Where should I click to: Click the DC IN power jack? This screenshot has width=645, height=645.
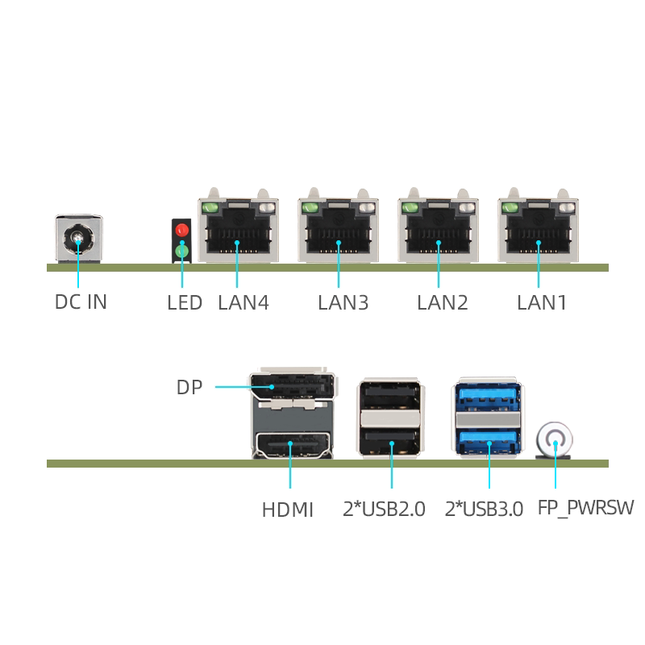point(78,239)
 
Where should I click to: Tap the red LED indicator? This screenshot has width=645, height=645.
point(182,230)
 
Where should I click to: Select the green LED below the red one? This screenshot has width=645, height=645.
point(182,251)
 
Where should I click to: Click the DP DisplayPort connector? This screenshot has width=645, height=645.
point(293,386)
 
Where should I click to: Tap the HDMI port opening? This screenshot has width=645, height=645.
point(293,446)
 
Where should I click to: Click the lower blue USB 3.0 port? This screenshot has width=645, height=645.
point(488,441)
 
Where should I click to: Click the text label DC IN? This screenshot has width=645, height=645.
point(81,302)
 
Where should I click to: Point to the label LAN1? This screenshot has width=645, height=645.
point(542,303)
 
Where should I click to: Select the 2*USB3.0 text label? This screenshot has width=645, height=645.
point(484,509)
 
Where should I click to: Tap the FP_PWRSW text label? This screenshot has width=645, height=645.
point(586,508)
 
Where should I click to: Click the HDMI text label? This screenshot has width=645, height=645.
point(288,510)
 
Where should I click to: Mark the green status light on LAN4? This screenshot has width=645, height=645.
point(210,208)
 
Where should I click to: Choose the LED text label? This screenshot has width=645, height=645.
point(185,303)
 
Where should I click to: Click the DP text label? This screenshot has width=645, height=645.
point(189,387)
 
